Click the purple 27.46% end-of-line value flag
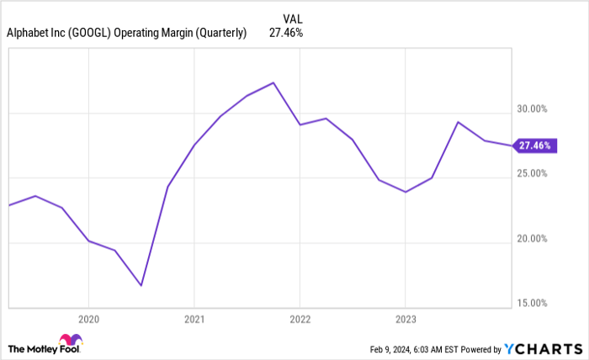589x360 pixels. click(533, 146)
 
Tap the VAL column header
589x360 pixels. click(291, 15)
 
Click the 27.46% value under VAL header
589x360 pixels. click(286, 33)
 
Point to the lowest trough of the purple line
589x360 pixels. click(141, 285)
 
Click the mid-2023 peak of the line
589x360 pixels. click(458, 122)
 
